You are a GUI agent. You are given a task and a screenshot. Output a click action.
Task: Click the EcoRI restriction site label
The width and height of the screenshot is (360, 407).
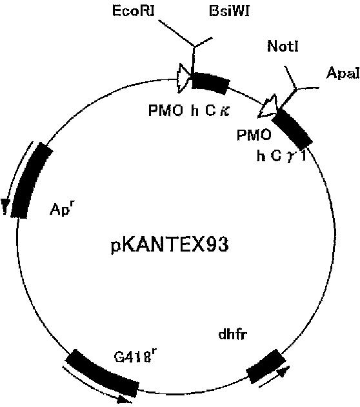134,11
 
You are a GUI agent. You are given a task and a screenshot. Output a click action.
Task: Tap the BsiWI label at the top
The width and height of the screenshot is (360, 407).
229,11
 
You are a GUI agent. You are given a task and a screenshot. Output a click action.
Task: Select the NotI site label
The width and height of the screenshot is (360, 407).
283,46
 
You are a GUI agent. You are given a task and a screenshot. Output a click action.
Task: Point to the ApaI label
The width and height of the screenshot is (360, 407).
343,73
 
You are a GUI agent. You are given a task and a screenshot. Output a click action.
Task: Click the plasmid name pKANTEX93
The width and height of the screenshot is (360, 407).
170,244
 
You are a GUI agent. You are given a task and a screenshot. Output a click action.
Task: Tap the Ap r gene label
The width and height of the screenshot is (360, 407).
61,208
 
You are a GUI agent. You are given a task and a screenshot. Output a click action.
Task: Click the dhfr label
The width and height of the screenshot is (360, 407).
232,334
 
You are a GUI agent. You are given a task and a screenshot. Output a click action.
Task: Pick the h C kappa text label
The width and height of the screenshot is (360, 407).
210,111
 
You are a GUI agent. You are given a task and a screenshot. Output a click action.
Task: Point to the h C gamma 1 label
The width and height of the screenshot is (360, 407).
282,156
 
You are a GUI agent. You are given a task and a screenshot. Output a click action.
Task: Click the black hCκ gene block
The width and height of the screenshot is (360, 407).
210,82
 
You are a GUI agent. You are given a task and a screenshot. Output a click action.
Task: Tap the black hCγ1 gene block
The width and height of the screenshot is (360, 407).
292,128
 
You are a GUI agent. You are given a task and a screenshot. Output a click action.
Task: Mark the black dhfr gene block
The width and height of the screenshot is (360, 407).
266,366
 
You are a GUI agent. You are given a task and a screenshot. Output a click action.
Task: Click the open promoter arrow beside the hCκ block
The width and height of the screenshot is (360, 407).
183,77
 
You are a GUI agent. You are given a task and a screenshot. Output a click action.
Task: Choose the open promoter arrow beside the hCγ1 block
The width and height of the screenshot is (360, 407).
268,107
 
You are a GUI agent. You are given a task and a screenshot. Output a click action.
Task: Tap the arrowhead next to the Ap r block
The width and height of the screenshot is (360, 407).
5,206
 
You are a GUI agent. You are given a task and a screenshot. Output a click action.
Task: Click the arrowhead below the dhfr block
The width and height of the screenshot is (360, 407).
283,371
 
